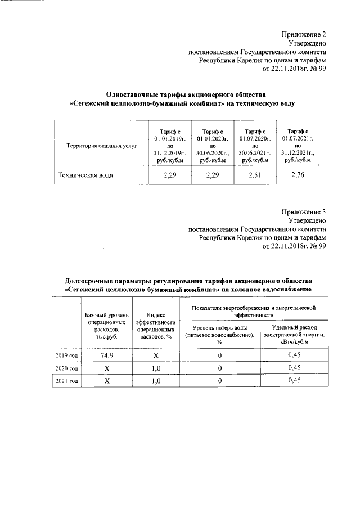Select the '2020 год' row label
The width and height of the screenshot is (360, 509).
[66, 368]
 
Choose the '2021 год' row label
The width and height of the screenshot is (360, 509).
[66, 381]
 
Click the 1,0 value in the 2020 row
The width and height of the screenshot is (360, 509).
[156, 368]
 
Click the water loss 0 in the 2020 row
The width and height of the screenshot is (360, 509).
[220, 368]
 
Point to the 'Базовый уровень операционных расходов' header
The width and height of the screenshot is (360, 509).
[107, 326]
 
